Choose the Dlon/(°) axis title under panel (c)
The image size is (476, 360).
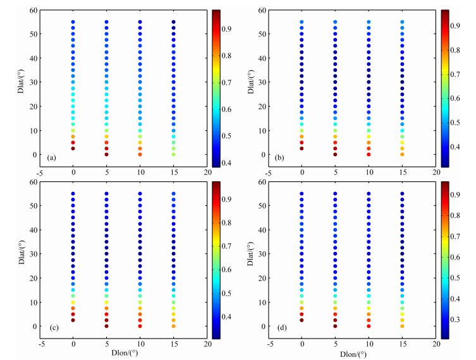point(123,354)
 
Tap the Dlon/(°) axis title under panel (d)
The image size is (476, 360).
point(352,354)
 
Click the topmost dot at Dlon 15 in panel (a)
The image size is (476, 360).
point(173,22)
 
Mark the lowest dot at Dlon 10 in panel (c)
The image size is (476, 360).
point(140,326)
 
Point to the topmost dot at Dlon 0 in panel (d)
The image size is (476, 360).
point(302,194)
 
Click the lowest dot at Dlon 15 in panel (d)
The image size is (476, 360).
point(402,326)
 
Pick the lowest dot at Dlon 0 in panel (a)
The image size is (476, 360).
point(73,148)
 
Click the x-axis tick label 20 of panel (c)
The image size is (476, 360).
point(207,345)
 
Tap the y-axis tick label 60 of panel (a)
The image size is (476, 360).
point(30,10)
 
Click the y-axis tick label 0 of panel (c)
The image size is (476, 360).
point(33,326)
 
